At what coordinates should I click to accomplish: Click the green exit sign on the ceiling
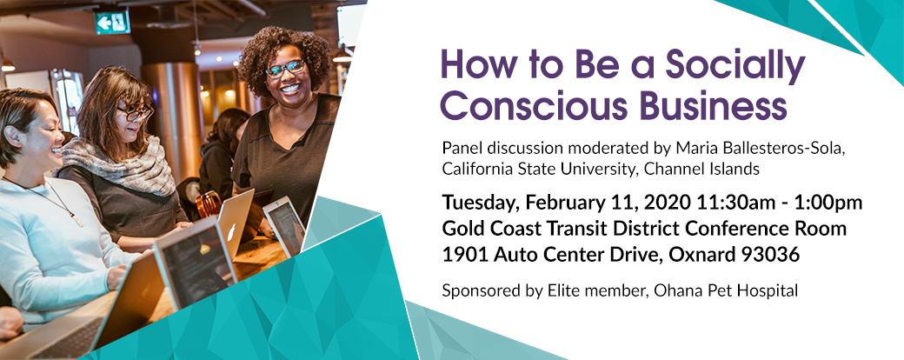(x=112, y=22)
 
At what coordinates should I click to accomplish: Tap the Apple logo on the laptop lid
(x=230, y=232)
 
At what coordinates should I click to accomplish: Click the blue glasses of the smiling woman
(x=285, y=68)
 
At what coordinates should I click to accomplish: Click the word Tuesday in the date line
(x=481, y=203)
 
